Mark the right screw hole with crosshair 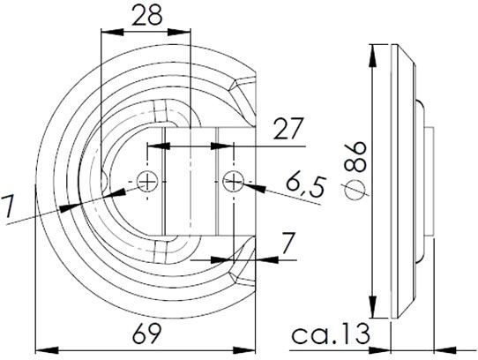233,182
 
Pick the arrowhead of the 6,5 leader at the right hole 246,185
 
